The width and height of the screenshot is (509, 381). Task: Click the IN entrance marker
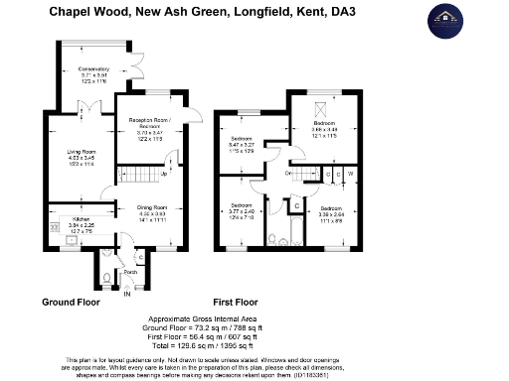coord(126,295)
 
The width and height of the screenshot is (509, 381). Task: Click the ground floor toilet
coord(107,276)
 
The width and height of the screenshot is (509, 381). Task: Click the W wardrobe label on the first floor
coord(350,175)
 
